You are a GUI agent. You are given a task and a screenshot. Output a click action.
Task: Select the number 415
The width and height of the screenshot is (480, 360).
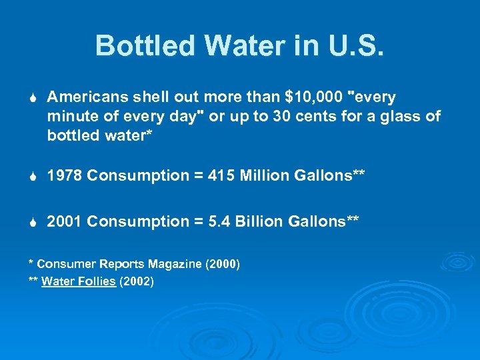(221, 176)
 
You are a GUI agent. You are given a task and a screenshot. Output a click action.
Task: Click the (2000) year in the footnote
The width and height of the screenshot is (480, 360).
(223, 264)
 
